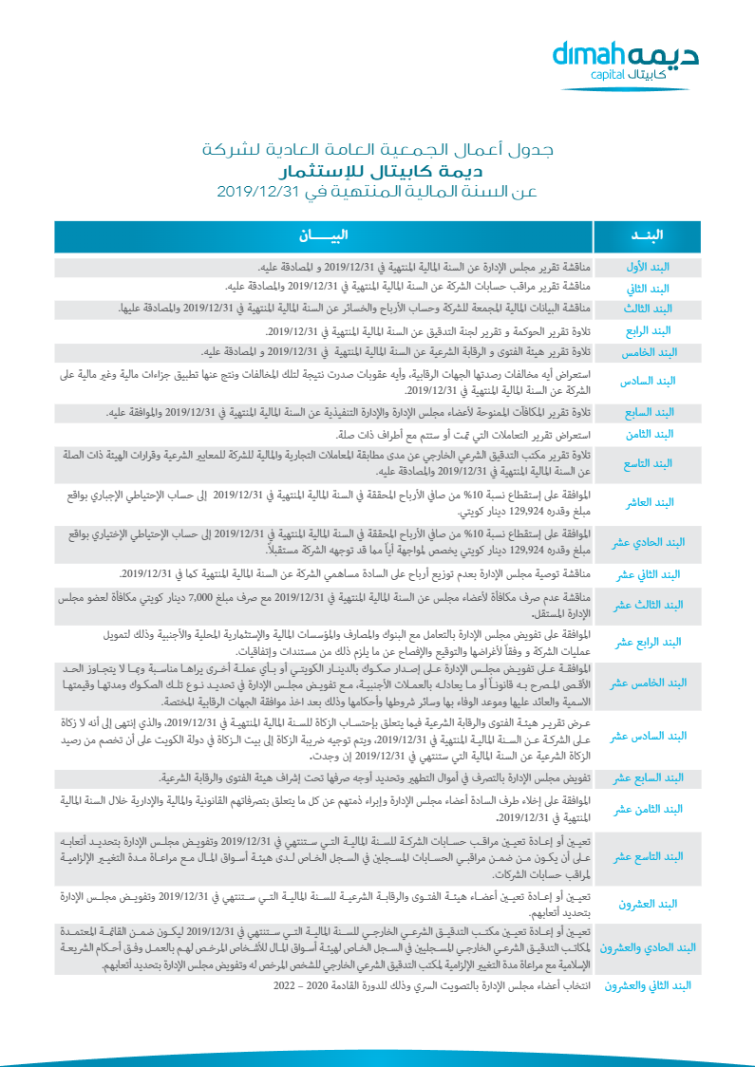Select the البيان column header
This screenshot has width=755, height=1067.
[324, 235]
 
